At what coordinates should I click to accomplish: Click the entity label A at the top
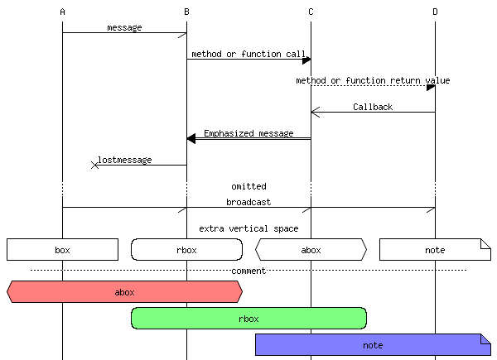(x=62, y=12)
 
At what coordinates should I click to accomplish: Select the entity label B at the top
(x=186, y=12)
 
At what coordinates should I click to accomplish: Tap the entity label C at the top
(x=311, y=12)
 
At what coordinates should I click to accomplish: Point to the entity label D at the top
(x=435, y=12)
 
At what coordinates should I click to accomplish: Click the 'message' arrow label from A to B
(x=124, y=27)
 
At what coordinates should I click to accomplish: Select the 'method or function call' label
(x=248, y=54)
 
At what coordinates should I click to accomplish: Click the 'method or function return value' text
(x=373, y=80)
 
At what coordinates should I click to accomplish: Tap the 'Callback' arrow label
(x=373, y=107)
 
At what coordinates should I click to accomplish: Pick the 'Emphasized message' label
(x=248, y=133)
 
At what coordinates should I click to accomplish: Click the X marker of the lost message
(x=94, y=166)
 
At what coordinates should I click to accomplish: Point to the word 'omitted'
(x=248, y=186)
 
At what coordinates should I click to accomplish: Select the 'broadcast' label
(x=248, y=202)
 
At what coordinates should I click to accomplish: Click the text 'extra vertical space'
(x=248, y=228)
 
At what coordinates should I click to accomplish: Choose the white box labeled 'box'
(x=62, y=249)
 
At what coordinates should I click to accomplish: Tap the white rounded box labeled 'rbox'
(x=186, y=249)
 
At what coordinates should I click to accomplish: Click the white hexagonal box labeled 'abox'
(x=311, y=249)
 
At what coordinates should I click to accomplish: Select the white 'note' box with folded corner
(x=435, y=249)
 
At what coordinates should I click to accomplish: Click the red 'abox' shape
(x=124, y=291)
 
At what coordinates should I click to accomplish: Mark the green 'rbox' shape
(x=248, y=318)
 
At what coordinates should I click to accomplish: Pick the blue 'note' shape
(x=373, y=344)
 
